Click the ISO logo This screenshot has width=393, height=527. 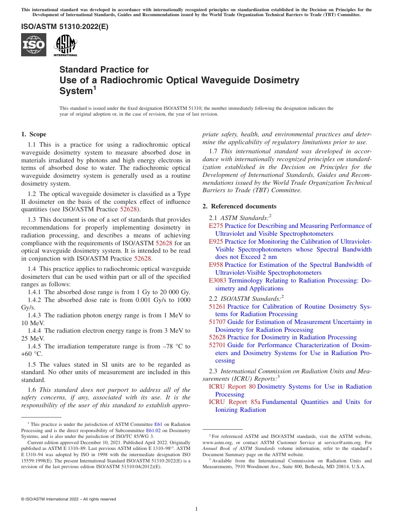34,45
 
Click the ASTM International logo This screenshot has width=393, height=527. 65,45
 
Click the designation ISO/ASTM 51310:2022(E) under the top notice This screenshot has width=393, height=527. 65,27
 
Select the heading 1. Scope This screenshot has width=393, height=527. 34,134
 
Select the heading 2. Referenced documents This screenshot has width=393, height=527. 240,206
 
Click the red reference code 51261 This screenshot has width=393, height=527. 217,307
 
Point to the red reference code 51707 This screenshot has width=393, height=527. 217,322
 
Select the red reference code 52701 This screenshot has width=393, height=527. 217,345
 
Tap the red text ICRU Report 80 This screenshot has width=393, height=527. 232,387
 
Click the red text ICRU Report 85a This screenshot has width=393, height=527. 234,402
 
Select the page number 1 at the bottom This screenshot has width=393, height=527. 196,509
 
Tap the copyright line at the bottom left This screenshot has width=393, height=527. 68,499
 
